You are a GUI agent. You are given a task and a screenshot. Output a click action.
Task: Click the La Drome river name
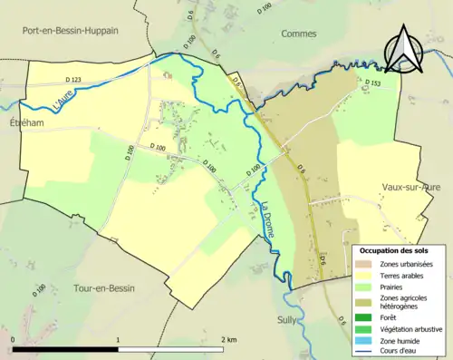(x=268, y=219)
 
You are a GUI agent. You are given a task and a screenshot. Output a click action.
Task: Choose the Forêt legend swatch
(x=366, y=316)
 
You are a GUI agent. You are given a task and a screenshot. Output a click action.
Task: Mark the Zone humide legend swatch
(x=366, y=340)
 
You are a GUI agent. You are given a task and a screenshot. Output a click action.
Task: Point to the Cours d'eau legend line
(x=366, y=351)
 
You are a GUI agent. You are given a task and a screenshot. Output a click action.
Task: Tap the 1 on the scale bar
(x=119, y=339)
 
